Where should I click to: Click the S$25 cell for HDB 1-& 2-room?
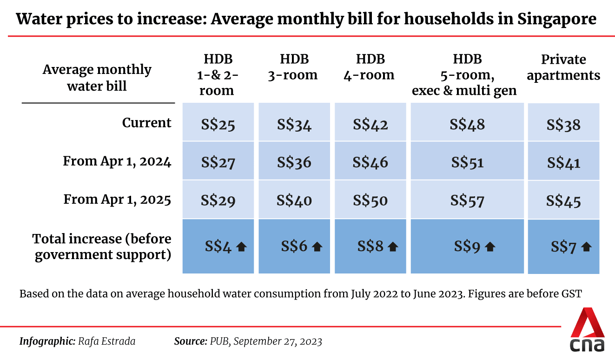pos(218,125)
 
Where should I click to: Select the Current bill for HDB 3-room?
pos(294,125)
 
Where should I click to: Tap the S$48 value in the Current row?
pos(467,124)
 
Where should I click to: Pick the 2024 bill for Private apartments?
pos(563,163)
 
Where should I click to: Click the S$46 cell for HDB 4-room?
pos(370,163)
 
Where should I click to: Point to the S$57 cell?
pos(467,201)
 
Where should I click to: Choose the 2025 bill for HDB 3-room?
pos(294,201)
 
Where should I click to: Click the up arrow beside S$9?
pos(489,247)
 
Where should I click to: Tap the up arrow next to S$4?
pos(241,247)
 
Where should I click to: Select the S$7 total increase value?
pos(563,247)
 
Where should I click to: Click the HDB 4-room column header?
pos(370,67)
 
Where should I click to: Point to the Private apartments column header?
pos(563,67)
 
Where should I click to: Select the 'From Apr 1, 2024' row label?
pos(117,161)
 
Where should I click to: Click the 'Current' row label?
pos(146,123)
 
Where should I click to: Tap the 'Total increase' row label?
pos(102,247)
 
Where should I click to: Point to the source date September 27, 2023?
pos(278,341)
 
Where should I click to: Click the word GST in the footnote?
pos(572,294)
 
